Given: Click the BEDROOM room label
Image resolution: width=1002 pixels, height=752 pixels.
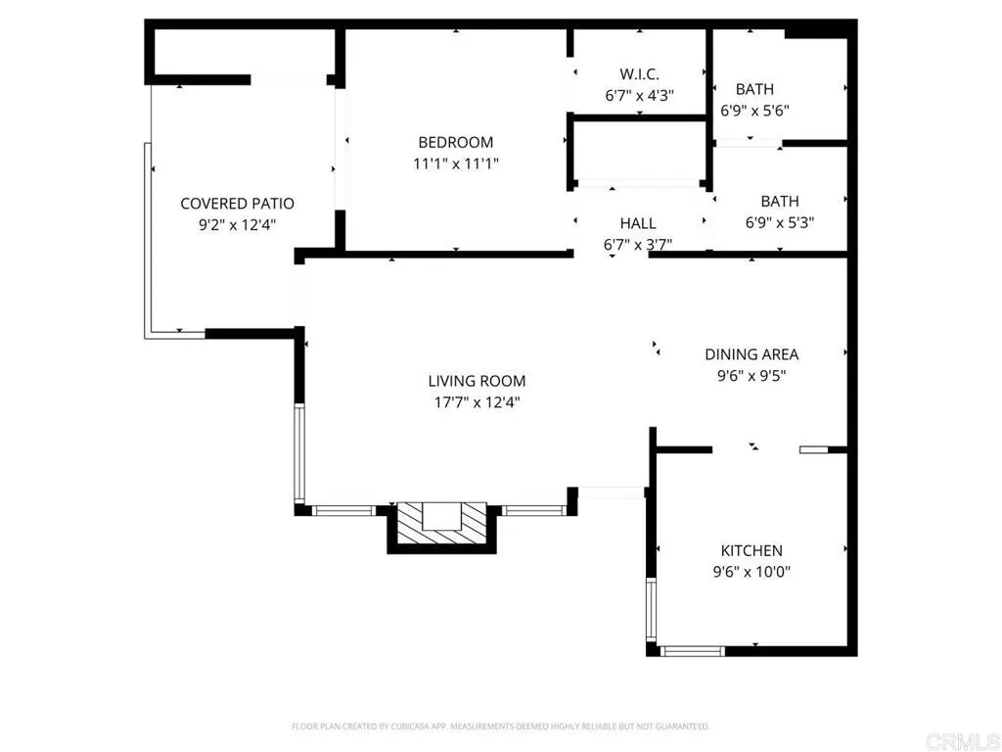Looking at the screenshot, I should [x=455, y=143].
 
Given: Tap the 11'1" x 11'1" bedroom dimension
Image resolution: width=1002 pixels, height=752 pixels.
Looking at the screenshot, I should [x=455, y=164].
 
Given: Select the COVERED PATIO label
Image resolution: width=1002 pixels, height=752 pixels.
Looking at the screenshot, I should [x=237, y=204].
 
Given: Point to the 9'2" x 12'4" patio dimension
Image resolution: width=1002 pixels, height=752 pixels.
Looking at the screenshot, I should [x=237, y=225].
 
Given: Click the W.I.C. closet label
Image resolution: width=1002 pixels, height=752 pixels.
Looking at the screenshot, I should [x=639, y=74].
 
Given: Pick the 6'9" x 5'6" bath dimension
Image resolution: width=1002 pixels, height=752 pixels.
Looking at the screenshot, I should [x=754, y=111].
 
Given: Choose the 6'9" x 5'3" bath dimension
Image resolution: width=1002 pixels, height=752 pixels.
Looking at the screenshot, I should [x=779, y=222].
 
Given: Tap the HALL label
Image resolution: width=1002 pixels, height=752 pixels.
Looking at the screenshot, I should [x=638, y=223].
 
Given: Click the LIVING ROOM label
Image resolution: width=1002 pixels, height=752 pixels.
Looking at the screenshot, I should [x=477, y=381].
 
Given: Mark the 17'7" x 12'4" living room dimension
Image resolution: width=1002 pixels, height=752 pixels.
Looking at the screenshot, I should [x=477, y=402].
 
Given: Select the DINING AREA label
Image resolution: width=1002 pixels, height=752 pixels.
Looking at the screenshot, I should [x=751, y=354].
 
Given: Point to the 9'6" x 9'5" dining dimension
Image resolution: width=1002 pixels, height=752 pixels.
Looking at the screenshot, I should [x=751, y=376].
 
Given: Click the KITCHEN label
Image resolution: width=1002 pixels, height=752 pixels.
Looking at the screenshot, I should [x=751, y=551].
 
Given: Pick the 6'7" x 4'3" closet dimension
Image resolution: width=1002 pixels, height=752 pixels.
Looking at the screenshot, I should [x=639, y=96].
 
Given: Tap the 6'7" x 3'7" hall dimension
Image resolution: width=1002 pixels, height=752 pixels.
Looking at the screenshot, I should [x=638, y=245].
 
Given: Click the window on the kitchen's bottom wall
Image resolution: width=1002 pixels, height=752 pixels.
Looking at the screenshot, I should [x=693, y=649].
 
